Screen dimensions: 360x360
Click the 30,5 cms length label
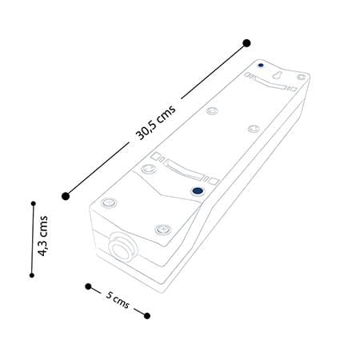pyautogui.click(x=156, y=122)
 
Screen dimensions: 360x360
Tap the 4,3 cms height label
pyautogui.click(x=43, y=236)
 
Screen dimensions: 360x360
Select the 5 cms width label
pyautogui.click(x=118, y=300)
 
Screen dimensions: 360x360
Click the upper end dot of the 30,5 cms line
pyautogui.click(x=246, y=43)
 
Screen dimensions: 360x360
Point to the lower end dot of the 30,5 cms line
pyautogui.click(x=66, y=196)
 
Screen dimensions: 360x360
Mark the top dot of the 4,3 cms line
pyautogui.click(x=34, y=204)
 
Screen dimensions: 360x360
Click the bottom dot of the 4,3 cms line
pyautogui.click(x=32, y=275)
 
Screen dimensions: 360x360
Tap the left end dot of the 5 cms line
pyautogui.click(x=88, y=286)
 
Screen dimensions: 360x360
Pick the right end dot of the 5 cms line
pyautogui.click(x=147, y=316)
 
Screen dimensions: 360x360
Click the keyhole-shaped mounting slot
pyautogui.click(x=277, y=75)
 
